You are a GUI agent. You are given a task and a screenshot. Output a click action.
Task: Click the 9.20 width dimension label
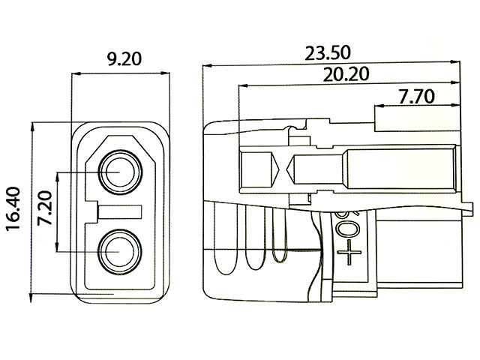point(118,58)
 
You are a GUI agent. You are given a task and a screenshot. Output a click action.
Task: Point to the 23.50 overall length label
point(330,53)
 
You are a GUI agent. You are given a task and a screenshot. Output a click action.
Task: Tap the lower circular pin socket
point(119,250)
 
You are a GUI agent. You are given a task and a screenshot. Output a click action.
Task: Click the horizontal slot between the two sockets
point(121,211)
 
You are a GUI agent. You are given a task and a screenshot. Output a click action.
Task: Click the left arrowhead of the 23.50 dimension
point(205,65)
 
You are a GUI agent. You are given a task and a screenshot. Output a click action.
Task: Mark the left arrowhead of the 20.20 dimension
point(240,85)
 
